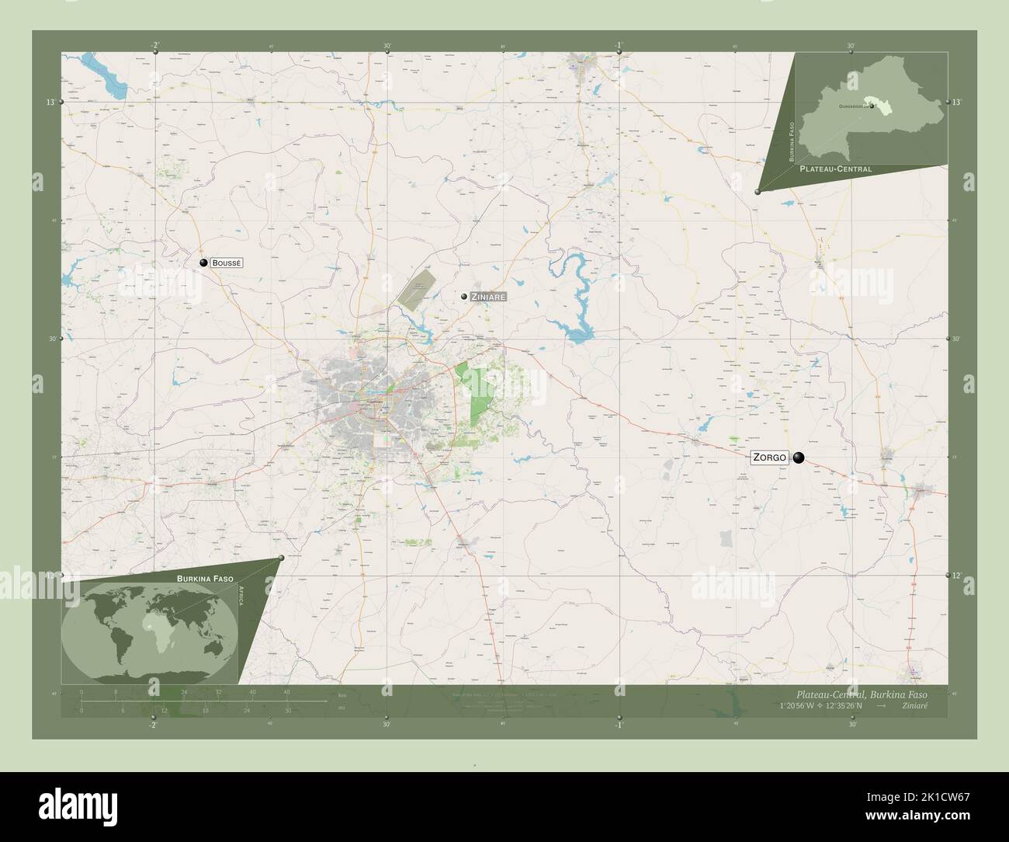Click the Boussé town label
tap(227, 263)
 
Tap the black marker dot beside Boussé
tap(203, 263)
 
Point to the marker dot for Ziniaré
tap(463, 296)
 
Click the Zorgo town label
tap(770, 458)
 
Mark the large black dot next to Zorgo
tap(798, 458)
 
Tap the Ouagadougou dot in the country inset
tap(872, 106)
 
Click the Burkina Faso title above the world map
tap(205, 579)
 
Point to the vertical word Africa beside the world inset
tap(242, 601)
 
